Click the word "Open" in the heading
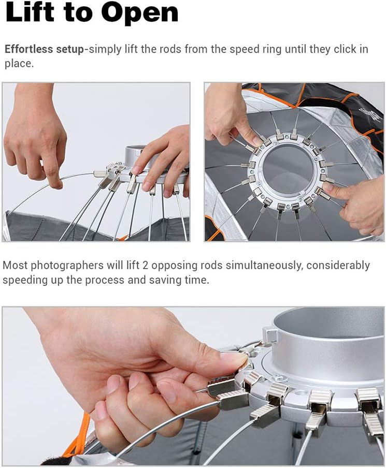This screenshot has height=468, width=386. point(140,13)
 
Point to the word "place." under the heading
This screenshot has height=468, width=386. point(19,64)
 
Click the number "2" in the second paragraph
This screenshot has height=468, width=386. point(145,266)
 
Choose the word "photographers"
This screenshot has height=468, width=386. point(67,266)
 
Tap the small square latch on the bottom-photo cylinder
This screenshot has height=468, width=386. point(270,335)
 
